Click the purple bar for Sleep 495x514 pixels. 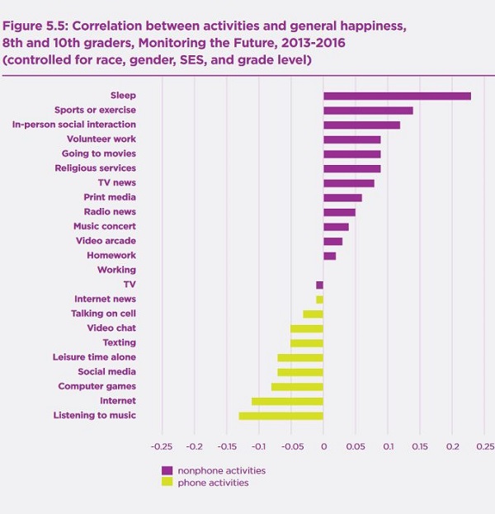coord(397,96)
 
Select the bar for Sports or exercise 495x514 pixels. coord(368,111)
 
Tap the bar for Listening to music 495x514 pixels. coord(281,415)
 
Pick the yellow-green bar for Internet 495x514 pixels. coord(287,401)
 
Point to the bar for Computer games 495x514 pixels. coord(297,386)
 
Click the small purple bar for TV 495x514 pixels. coord(319,285)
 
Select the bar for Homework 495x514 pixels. coord(329,256)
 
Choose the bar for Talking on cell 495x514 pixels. coord(313,314)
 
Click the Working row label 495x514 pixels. coord(116,270)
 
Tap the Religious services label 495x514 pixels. coord(96,168)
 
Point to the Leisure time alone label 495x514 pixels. coord(94,357)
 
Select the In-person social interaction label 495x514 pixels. coord(74,125)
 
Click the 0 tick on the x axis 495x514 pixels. coord(323,446)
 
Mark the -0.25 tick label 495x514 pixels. coord(162,446)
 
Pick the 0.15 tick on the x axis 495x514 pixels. coord(420,446)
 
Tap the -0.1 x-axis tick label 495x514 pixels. coord(258,446)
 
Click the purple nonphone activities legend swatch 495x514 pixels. coord(167,470)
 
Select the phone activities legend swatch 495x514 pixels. coord(167,483)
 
